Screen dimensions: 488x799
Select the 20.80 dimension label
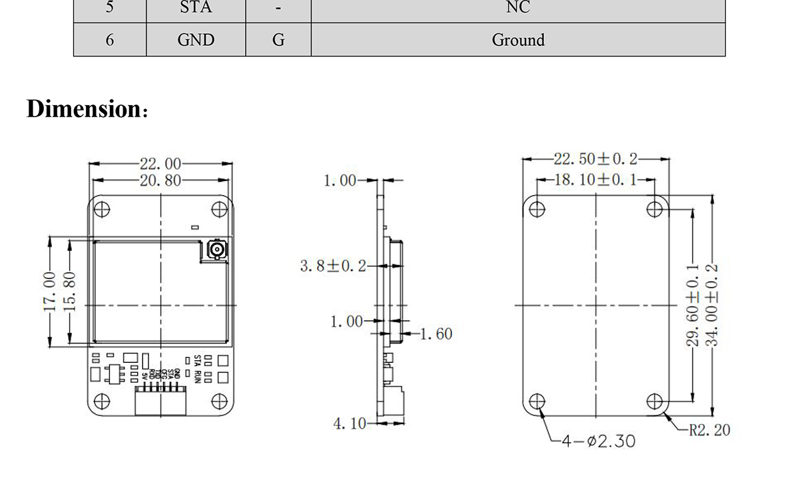pos(160,180)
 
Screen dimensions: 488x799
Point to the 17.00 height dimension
pos(49,291)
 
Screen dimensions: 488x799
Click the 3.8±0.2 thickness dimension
pos(333,266)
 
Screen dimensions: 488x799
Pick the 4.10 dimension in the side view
pos(350,423)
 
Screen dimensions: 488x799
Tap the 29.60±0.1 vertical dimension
pos(692,305)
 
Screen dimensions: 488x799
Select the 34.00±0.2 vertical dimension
pos(712,305)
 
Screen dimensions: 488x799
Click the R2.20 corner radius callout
pos(709,430)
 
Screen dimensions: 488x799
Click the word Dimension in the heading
pos(81,109)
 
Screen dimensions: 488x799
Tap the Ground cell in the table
pos(518,40)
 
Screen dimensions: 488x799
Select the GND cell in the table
pos(196,40)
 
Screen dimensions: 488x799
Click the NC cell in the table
pos(518,7)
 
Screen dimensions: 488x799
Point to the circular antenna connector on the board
pos(216,250)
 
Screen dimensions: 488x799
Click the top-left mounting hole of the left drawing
pos(101,209)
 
